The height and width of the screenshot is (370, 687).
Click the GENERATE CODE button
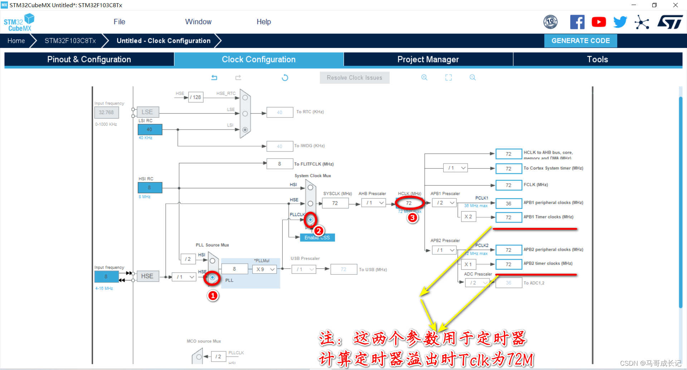tap(580, 41)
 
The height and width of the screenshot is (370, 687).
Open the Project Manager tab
tap(428, 59)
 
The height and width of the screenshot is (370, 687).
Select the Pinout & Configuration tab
tap(89, 59)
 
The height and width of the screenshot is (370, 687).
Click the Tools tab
tap(597, 59)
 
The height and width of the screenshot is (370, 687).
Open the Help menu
tap(264, 22)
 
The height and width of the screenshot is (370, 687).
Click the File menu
tap(119, 22)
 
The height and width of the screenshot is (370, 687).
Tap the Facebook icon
tap(577, 22)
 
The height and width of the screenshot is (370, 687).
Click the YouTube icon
tap(599, 22)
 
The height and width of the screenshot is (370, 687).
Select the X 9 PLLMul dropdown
tap(265, 269)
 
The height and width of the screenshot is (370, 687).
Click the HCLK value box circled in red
tap(409, 203)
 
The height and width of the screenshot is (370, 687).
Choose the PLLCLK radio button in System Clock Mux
tap(310, 219)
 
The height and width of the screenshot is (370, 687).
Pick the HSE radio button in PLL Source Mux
tap(213, 277)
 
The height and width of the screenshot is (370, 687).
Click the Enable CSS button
tap(317, 238)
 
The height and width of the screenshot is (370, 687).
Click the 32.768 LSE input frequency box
tap(106, 112)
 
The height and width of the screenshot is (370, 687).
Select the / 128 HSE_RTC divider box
tap(196, 97)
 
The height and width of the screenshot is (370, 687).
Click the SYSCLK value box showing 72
tap(335, 203)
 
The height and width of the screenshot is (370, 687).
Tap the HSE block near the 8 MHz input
tap(147, 276)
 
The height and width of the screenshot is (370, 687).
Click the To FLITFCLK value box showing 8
tap(279, 164)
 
